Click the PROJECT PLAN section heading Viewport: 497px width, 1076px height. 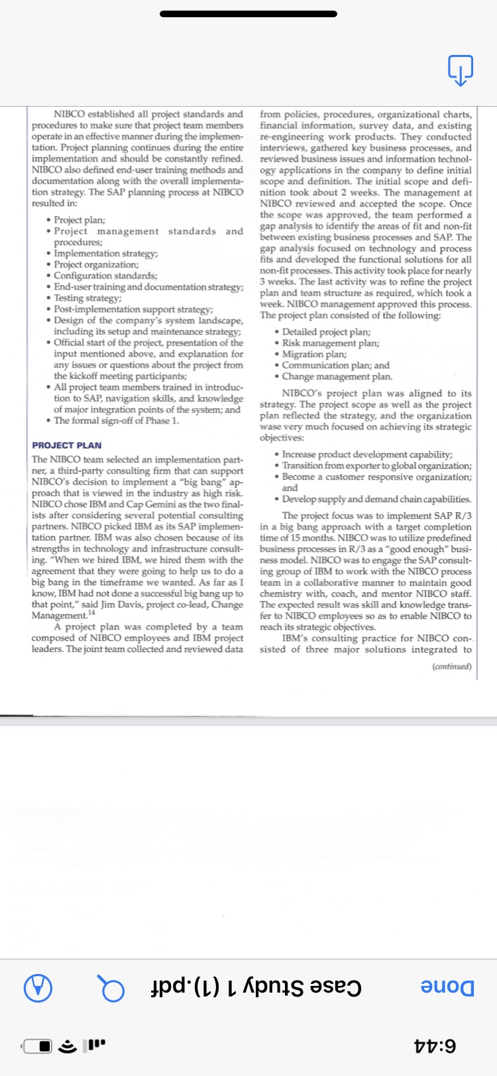(67, 445)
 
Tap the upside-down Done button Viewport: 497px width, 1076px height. (448, 987)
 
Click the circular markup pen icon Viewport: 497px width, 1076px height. (38, 988)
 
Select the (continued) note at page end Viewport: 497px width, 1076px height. (451, 667)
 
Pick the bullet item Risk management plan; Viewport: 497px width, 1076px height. (330, 343)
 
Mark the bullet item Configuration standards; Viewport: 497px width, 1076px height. (105, 276)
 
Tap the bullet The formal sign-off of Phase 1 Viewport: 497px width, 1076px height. (116, 421)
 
